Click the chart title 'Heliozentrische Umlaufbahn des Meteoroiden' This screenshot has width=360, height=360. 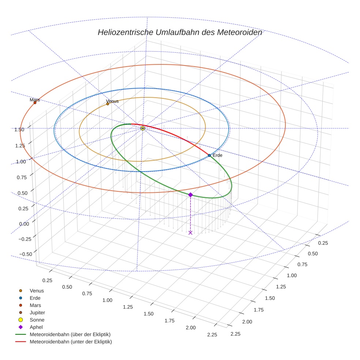pyautogui.click(x=180, y=32)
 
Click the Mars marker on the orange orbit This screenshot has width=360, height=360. pyautogui.click(x=35, y=102)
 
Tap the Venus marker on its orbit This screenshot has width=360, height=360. pyautogui.click(x=108, y=104)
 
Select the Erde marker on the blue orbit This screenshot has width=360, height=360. pyautogui.click(x=209, y=155)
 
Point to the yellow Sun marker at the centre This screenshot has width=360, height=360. pyautogui.click(x=143, y=128)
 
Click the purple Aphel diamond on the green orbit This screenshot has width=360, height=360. pyautogui.click(x=190, y=195)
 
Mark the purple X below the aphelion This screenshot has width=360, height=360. pyautogui.click(x=190, y=233)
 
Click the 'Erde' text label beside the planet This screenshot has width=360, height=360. pyautogui.click(x=217, y=155)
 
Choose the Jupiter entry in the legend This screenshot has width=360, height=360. pyautogui.click(x=37, y=312)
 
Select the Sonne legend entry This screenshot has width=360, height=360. pyautogui.click(x=37, y=320)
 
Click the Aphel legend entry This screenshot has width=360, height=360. pyautogui.click(x=36, y=327)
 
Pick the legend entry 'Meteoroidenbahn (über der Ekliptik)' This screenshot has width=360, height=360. pyautogui.click(x=70, y=334)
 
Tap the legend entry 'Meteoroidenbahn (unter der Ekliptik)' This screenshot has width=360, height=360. pyautogui.click(x=71, y=342)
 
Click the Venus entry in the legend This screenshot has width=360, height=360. pyautogui.click(x=37, y=290)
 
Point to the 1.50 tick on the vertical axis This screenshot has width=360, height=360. pyautogui.click(x=19, y=130)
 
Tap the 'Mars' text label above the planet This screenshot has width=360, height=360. pyautogui.click(x=35, y=100)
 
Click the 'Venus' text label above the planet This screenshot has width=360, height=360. pyautogui.click(x=112, y=101)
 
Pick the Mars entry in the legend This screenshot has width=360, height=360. pyautogui.click(x=35, y=305)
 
